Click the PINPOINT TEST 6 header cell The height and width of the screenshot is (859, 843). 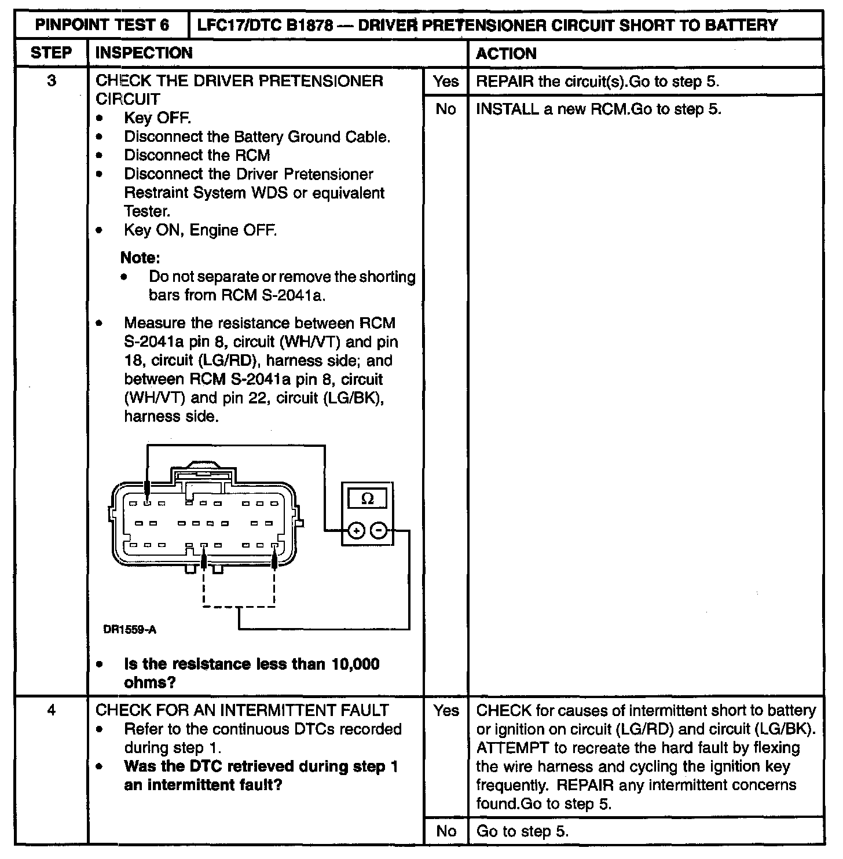tap(102, 25)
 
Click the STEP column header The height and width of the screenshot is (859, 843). tap(51, 53)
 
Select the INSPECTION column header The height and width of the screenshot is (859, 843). tap(144, 53)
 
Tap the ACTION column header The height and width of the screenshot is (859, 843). tap(506, 53)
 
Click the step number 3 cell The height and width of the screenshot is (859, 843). tap(51, 81)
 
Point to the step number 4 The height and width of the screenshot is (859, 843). tap(51, 710)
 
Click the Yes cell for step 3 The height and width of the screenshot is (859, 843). tap(445, 81)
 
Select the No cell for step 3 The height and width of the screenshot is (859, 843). tap(445, 109)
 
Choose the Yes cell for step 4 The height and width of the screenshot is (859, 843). tap(445, 710)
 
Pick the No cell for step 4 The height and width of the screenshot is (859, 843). tap(445, 832)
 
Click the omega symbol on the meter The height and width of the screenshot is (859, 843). tap(367, 498)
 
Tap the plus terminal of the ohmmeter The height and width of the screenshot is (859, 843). tap(356, 530)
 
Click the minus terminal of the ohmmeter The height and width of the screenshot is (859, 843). tap(378, 530)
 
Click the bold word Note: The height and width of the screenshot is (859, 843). tap(140, 257)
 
